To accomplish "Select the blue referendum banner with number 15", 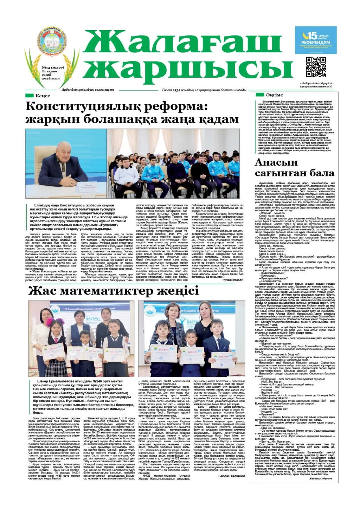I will pos(315,40).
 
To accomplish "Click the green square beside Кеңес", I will pos(30,96).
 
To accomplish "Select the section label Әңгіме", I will pos(274,95).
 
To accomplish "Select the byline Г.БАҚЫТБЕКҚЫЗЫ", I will pos(231,476).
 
